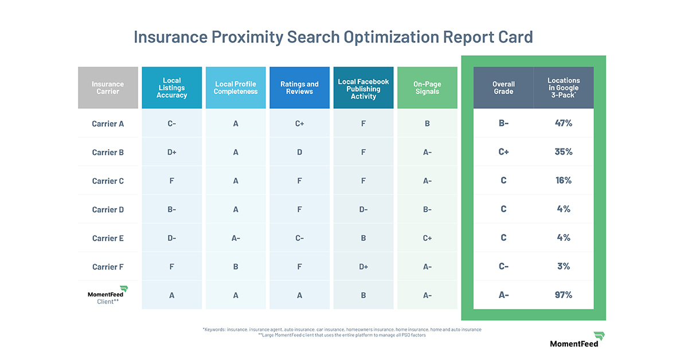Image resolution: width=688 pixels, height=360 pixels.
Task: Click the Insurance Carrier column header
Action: (108, 88)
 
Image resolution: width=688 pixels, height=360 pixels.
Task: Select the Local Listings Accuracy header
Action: (171, 88)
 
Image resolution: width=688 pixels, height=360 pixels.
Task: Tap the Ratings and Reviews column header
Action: (299, 88)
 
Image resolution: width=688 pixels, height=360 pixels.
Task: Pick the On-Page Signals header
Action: (427, 88)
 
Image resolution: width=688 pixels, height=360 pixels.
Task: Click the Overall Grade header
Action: (503, 88)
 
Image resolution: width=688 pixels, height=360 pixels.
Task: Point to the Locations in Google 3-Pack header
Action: (564, 88)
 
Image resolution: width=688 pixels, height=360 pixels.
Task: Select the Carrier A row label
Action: (108, 123)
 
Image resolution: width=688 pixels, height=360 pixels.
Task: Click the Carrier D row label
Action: (108, 209)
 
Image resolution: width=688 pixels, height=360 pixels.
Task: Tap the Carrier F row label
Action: (108, 267)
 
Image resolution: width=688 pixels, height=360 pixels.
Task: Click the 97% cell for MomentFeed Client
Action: (564, 295)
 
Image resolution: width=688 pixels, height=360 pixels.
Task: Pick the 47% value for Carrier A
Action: (564, 123)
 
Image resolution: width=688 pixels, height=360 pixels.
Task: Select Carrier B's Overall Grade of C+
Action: (503, 151)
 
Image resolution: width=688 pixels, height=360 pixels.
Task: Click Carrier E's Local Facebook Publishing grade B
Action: (363, 238)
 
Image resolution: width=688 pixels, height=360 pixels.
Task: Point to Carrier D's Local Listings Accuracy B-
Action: (171, 209)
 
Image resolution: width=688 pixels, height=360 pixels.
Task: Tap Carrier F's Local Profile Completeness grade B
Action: (236, 267)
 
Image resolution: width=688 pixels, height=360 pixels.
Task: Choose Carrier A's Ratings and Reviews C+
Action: (299, 123)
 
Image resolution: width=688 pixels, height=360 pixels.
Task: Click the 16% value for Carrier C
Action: (564, 180)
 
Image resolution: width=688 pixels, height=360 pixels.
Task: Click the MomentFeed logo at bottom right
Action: (574, 339)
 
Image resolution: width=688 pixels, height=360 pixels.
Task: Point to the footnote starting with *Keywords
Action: (342, 330)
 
